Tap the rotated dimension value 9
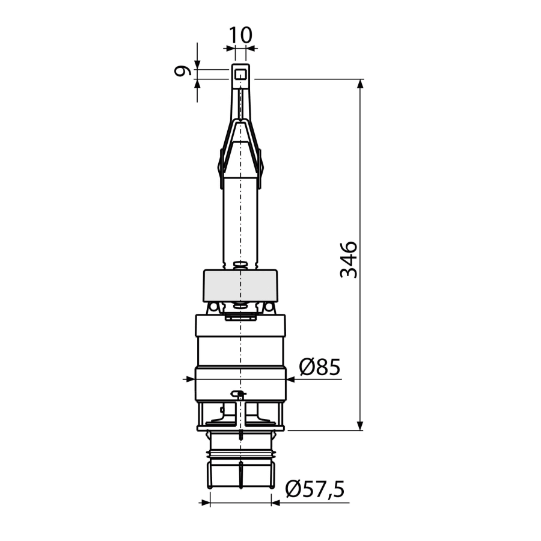tap(183, 71)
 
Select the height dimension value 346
tap(349, 260)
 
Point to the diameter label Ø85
tap(320, 367)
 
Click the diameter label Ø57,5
tap(315, 489)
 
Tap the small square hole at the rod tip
tap(240, 75)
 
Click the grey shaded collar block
tap(240, 286)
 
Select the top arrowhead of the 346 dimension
tap(360, 83)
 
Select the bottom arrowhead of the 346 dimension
tap(360, 426)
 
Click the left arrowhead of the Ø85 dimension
tap(191, 379)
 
